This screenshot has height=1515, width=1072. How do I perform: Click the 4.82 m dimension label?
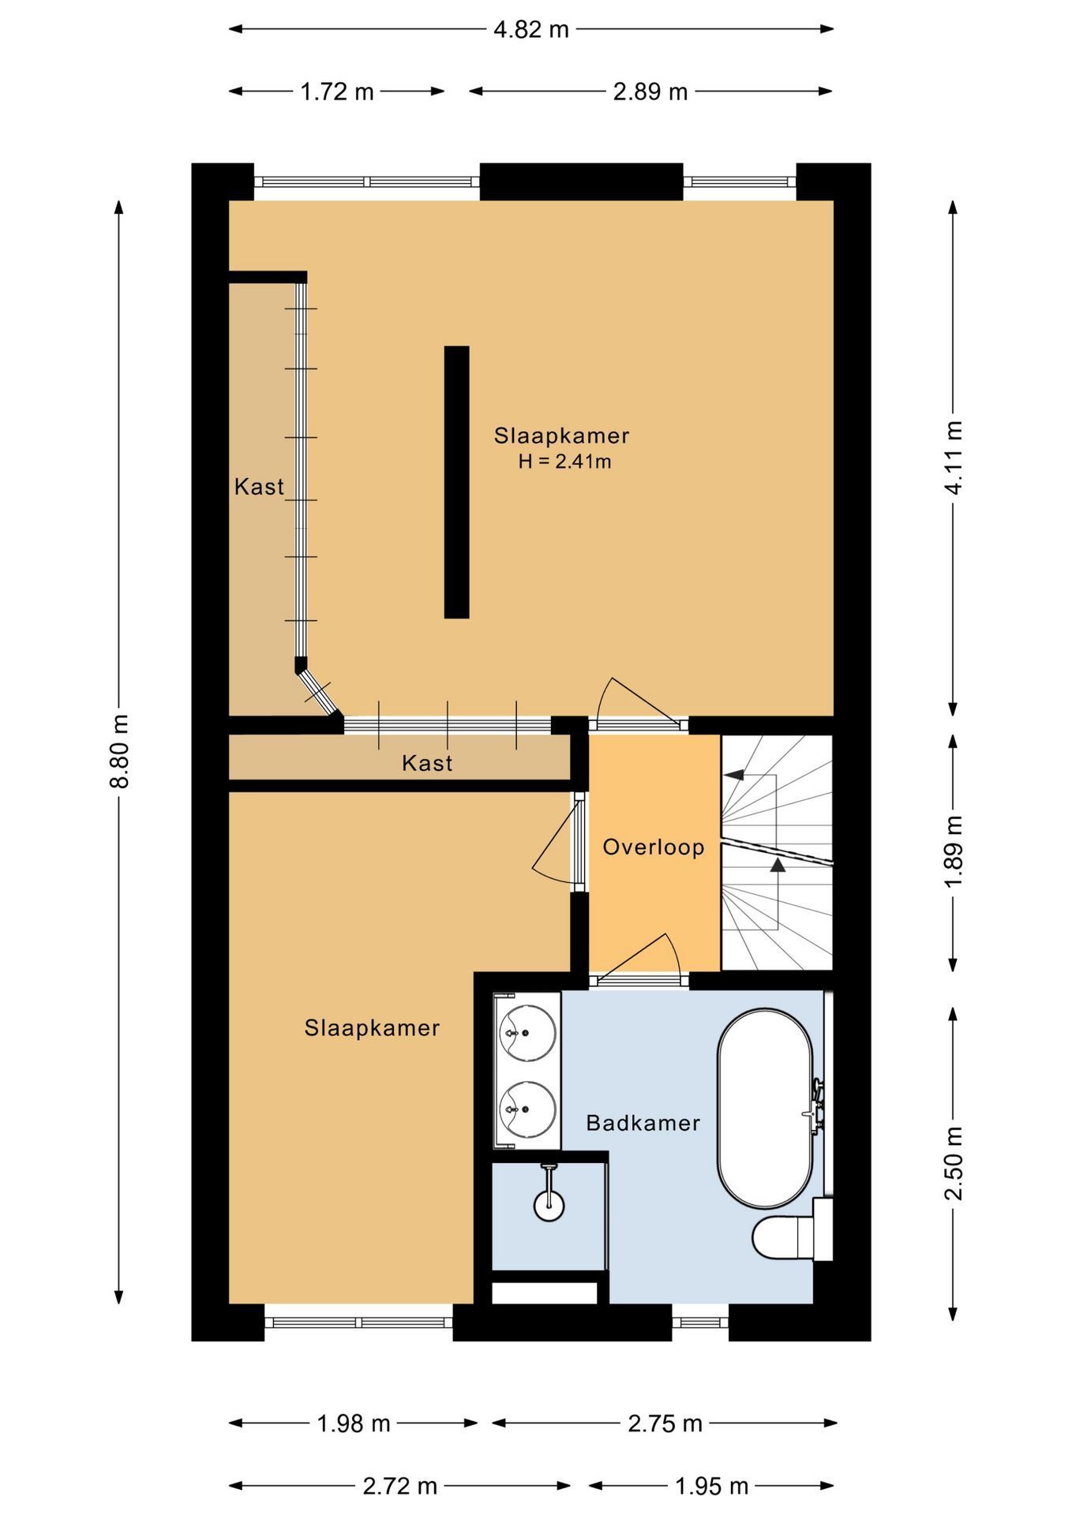(530, 30)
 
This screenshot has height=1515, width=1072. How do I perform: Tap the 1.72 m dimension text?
(337, 92)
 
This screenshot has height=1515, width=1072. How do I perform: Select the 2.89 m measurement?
(650, 92)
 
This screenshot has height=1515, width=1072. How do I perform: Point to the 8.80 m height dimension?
(120, 751)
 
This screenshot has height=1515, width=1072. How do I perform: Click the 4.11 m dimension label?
(954, 458)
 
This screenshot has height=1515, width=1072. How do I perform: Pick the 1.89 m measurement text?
(954, 852)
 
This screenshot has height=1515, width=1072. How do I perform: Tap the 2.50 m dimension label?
(954, 1163)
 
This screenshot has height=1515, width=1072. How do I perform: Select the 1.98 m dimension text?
(354, 1423)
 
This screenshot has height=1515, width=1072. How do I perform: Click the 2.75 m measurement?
(665, 1423)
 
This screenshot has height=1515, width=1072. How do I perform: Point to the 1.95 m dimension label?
(711, 1487)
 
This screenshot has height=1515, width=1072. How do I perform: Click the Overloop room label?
(654, 847)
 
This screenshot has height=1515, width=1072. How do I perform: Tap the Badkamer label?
(643, 1123)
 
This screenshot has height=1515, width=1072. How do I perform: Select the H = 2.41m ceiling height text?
(564, 462)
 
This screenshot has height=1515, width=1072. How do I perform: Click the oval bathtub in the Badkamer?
(765, 1108)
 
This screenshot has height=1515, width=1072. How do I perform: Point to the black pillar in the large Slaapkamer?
(457, 481)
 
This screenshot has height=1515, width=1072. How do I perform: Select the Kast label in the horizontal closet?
(427, 763)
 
